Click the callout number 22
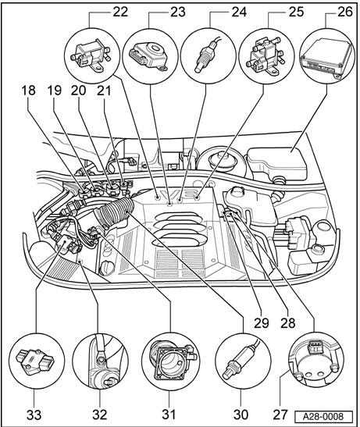click(120, 12)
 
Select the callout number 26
click(345, 12)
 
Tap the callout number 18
click(28, 90)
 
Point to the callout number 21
click(104, 90)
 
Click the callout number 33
click(34, 415)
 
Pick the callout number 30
click(241, 415)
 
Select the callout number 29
click(262, 323)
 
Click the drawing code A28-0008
click(323, 416)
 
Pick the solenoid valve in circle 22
click(90, 56)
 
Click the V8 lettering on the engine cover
click(179, 194)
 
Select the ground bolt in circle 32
click(102, 360)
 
